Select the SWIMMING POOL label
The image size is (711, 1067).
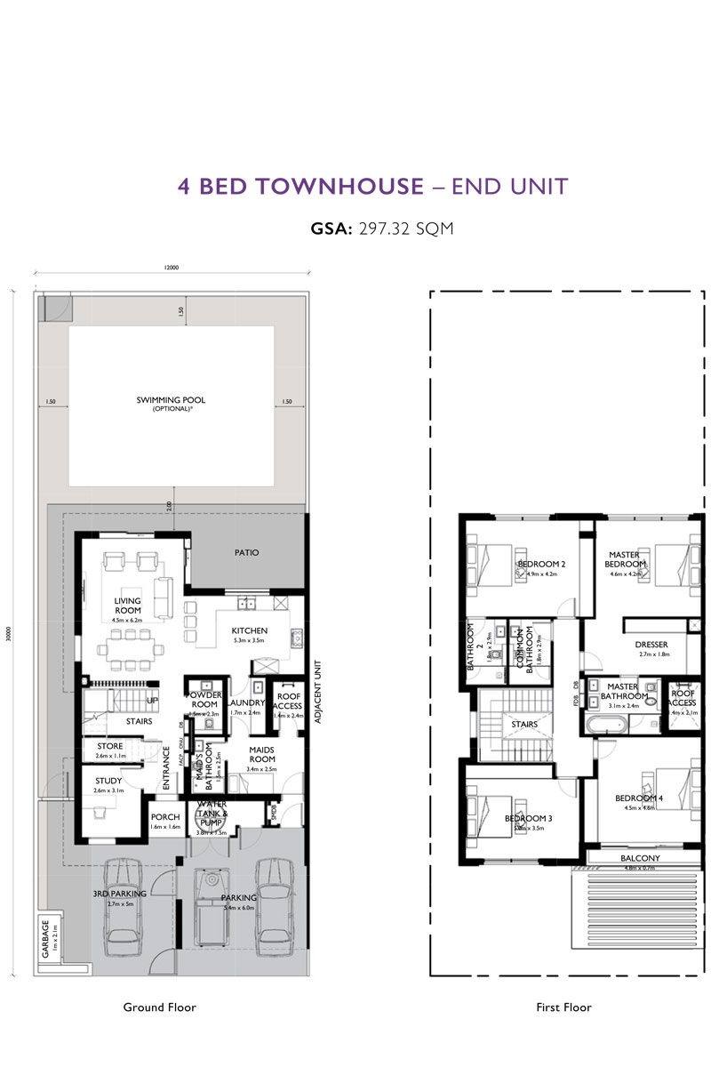point(171,400)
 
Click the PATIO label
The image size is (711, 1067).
point(246,552)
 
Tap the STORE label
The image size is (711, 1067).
point(109,746)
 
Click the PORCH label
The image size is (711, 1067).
point(165,816)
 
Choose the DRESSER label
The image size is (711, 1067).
point(651,645)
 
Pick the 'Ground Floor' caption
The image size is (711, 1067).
point(159,1007)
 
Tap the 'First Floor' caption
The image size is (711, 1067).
point(563,1007)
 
